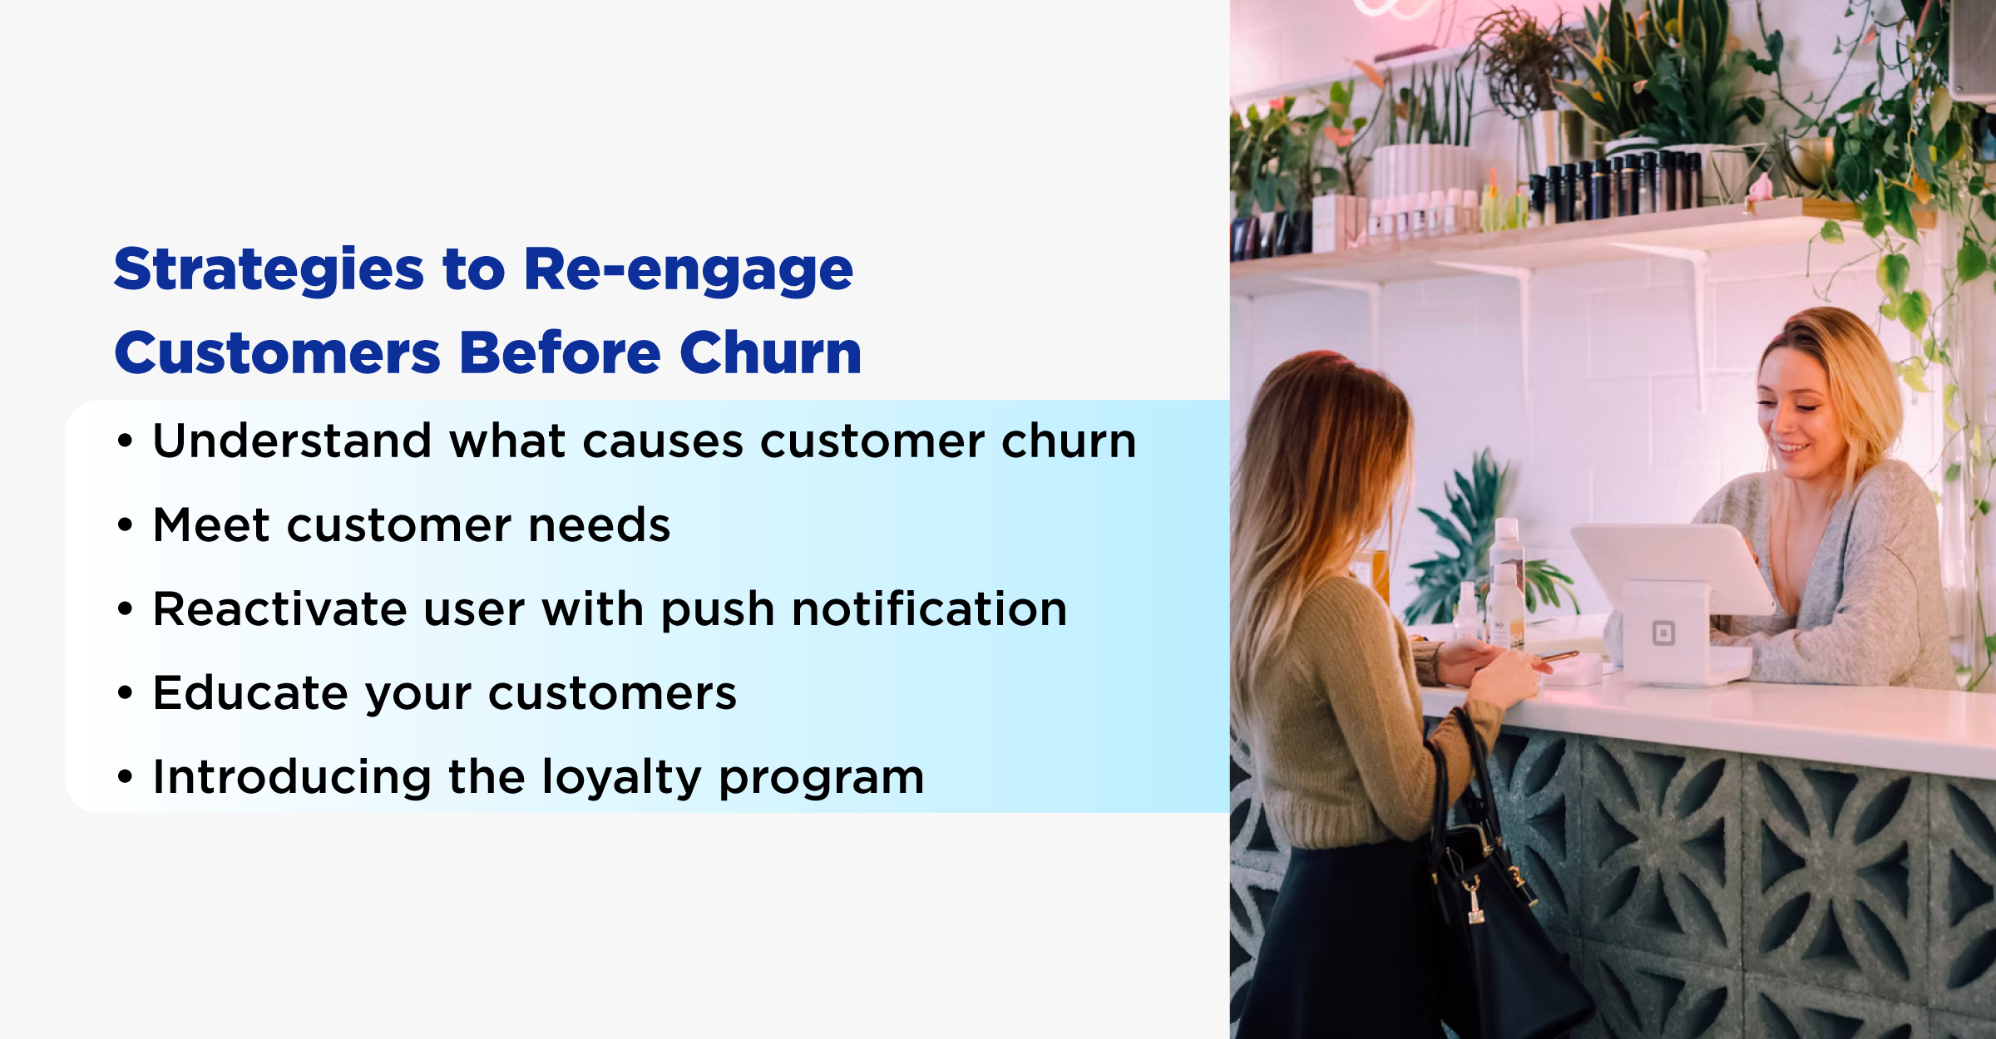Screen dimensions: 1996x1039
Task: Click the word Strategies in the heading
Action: (x=269, y=271)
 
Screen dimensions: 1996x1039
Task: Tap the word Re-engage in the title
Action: (x=688, y=271)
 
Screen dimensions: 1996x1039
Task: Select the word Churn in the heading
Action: (x=770, y=352)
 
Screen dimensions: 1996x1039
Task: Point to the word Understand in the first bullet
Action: (x=291, y=441)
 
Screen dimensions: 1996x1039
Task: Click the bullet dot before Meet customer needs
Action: (x=125, y=525)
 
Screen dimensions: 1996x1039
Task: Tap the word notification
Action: (x=929, y=608)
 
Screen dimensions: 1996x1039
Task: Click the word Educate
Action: (x=249, y=693)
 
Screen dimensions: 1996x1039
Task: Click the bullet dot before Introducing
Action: (x=125, y=777)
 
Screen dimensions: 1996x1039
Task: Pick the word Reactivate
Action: (x=279, y=608)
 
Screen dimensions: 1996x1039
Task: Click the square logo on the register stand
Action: (x=1663, y=633)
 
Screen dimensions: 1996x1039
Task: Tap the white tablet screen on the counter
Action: (x=1672, y=568)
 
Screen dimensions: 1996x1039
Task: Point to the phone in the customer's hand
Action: (x=1558, y=657)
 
